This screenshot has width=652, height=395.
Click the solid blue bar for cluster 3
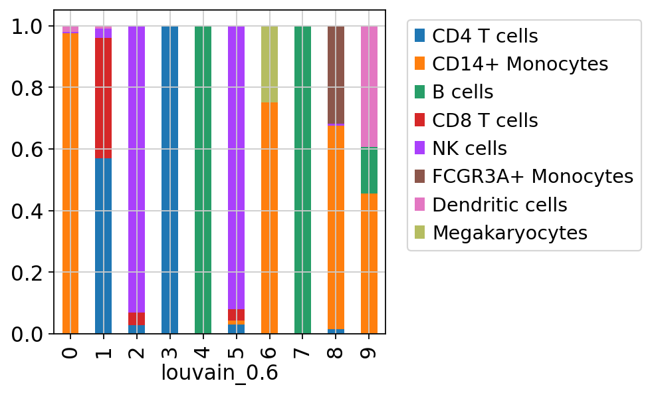click(169, 180)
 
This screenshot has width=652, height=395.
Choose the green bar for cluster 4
click(203, 180)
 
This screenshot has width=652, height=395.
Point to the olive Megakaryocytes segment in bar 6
click(269, 64)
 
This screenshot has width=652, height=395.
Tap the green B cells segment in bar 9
click(369, 170)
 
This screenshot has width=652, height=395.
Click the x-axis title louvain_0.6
click(219, 373)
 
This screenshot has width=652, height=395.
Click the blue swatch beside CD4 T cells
click(419, 35)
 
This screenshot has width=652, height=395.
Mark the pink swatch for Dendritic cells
click(419, 204)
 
